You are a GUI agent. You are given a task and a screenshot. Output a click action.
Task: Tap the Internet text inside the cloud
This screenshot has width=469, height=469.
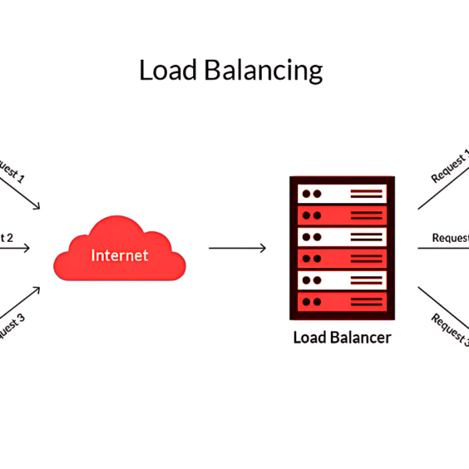(119, 255)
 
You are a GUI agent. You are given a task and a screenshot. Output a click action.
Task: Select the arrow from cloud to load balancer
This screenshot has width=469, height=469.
(237, 248)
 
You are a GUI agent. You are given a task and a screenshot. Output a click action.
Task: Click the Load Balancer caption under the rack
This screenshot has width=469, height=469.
(341, 338)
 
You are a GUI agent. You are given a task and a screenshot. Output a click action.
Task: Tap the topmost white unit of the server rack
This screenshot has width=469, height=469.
(342, 194)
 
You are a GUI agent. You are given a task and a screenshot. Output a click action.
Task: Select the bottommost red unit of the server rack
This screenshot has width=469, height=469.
(342, 300)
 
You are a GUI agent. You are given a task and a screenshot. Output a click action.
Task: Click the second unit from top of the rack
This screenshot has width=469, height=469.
(342, 215)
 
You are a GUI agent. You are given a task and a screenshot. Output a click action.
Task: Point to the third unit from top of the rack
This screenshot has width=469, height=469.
(342, 236)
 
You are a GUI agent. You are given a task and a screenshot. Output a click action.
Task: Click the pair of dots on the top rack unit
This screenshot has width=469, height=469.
(311, 194)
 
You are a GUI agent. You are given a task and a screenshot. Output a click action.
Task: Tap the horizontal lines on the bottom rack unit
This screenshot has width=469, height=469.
(366, 300)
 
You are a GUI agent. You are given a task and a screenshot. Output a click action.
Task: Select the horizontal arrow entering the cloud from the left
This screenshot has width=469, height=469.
(17, 248)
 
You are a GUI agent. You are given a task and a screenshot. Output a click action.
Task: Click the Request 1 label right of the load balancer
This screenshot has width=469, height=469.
(449, 169)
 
